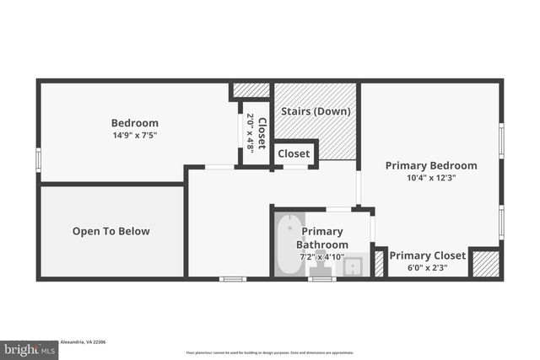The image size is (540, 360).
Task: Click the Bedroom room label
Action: (134, 123)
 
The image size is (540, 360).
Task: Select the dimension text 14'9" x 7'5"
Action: (134, 135)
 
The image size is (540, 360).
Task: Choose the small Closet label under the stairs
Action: (294, 154)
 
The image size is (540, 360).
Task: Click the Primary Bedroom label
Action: (430, 166)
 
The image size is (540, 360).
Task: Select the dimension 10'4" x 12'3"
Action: (430, 178)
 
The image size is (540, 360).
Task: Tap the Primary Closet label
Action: (427, 255)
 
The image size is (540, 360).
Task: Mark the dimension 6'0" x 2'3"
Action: (427, 268)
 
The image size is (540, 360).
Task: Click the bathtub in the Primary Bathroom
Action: (288, 244)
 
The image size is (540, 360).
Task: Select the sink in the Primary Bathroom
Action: (353, 266)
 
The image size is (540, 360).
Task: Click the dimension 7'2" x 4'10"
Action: (321, 256)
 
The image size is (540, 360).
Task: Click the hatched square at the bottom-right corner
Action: (484, 264)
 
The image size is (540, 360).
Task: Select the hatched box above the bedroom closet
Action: (251, 90)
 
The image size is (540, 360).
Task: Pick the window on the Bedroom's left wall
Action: (38, 159)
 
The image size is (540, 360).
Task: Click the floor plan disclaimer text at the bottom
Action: (269, 352)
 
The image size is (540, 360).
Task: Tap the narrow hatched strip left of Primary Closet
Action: (379, 264)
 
